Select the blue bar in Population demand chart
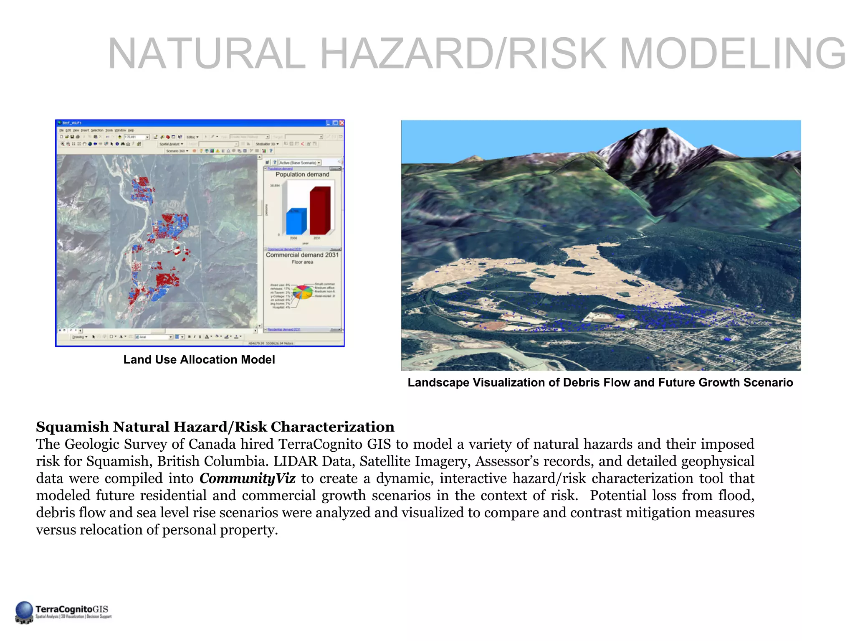(x=296, y=221)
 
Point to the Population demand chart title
(x=302, y=174)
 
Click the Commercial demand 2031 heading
(x=302, y=255)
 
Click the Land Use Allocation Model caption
(x=199, y=360)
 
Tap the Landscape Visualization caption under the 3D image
(x=600, y=383)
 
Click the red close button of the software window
(x=341, y=123)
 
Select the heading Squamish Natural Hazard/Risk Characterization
(x=215, y=427)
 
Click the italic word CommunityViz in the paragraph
(x=247, y=478)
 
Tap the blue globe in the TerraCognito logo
(x=24, y=610)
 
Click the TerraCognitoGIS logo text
(x=72, y=609)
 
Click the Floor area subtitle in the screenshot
(x=302, y=262)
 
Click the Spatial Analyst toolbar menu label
(x=170, y=144)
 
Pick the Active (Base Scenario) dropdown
(x=300, y=163)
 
